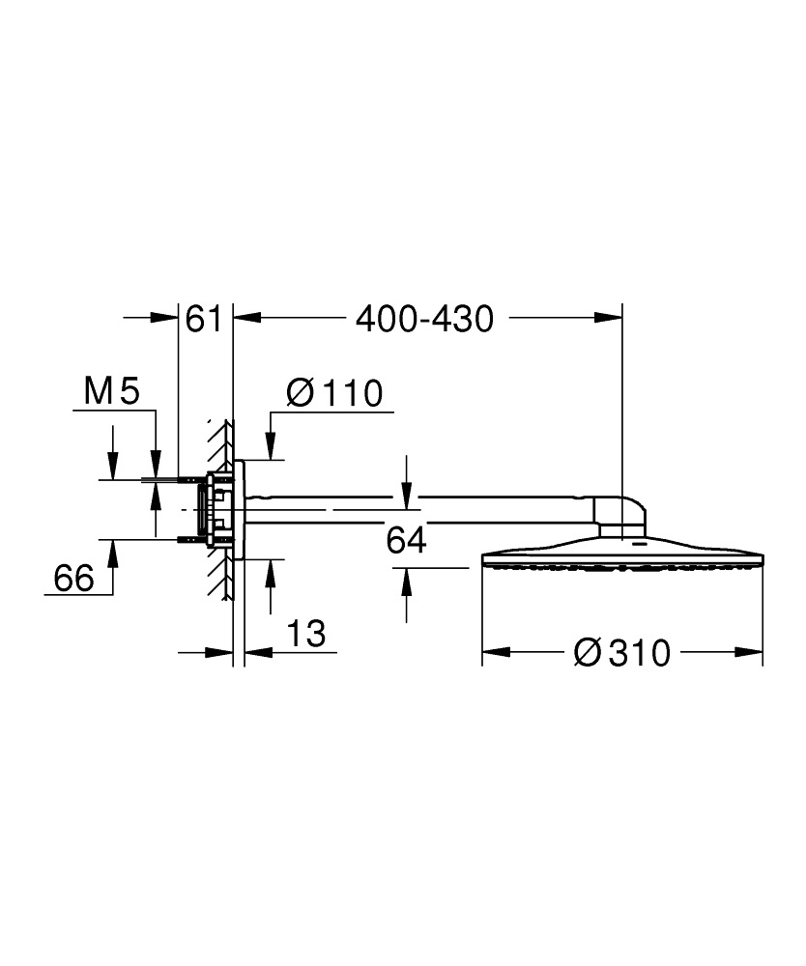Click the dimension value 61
coord(204,319)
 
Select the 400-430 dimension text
coord(424,319)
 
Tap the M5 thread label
coord(112,392)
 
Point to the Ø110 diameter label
coord(334,393)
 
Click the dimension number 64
coord(406,541)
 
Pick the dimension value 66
coord(73,579)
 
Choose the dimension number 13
coord(305,635)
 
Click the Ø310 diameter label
coord(620,653)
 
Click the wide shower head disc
coord(622,558)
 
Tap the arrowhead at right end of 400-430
coord(609,317)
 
